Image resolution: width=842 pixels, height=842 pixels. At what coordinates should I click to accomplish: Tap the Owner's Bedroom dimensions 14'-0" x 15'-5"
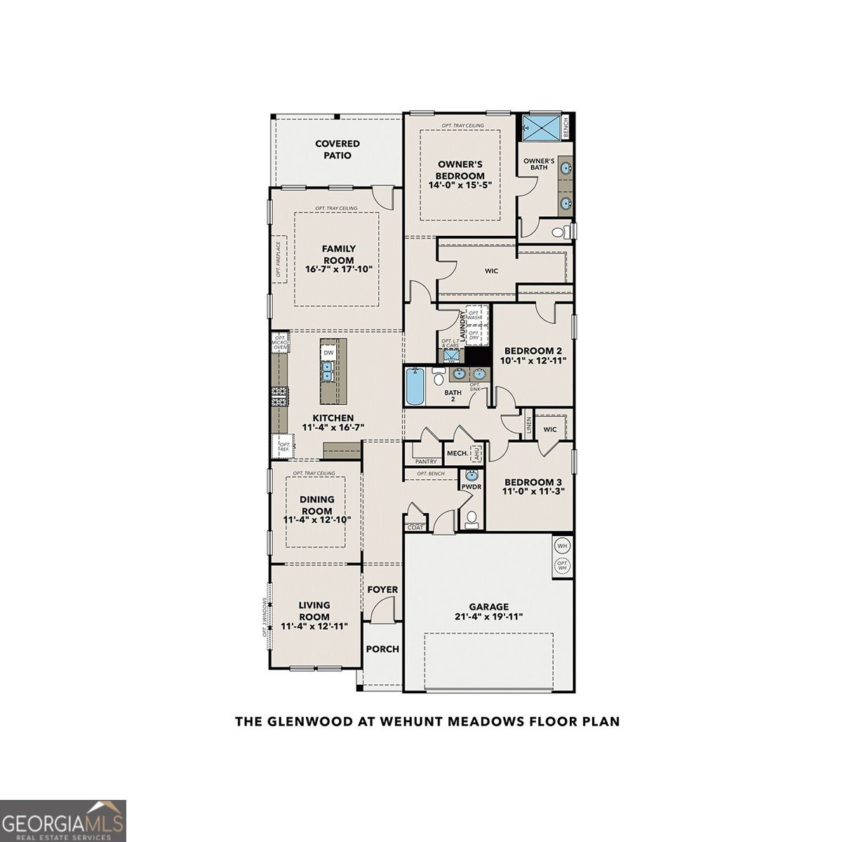pyautogui.click(x=460, y=186)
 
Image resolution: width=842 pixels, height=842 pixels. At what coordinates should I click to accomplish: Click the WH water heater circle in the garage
pyautogui.click(x=562, y=545)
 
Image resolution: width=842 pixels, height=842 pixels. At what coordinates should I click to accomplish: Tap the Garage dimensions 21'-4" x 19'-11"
pyautogui.click(x=489, y=617)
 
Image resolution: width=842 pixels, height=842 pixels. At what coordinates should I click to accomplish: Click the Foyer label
pyautogui.click(x=382, y=589)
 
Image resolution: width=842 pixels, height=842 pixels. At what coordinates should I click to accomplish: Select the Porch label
pyautogui.click(x=382, y=649)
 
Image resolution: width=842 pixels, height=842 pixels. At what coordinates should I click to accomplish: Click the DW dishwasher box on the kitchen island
pyautogui.click(x=328, y=353)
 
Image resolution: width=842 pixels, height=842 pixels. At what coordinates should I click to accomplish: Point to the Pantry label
pyautogui.click(x=425, y=462)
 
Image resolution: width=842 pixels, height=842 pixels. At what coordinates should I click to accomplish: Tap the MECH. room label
pyautogui.click(x=457, y=453)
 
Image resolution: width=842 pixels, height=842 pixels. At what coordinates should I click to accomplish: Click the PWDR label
pyautogui.click(x=470, y=486)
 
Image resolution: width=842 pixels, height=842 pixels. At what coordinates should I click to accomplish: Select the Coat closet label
pyautogui.click(x=415, y=527)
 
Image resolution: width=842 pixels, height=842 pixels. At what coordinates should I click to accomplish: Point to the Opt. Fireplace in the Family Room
pyautogui.click(x=279, y=260)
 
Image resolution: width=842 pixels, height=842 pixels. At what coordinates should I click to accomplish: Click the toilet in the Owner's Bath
pyautogui.click(x=560, y=232)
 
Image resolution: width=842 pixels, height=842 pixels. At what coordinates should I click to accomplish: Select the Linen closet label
pyautogui.click(x=528, y=425)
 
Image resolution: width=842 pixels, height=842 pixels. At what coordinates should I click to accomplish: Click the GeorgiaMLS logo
pyautogui.click(x=63, y=821)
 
